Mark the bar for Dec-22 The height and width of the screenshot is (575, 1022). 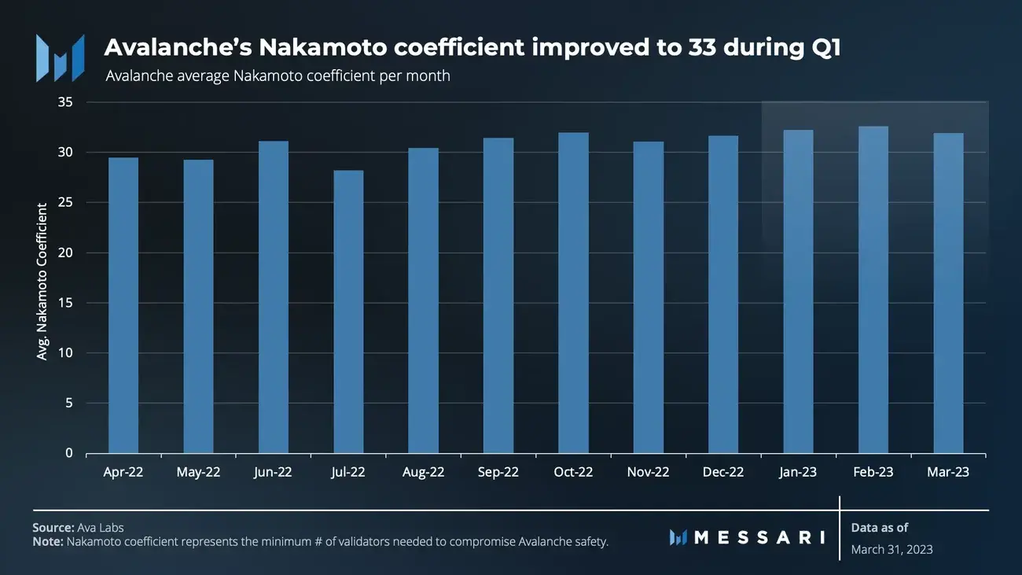point(723,294)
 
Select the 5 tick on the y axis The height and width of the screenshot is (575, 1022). point(68,403)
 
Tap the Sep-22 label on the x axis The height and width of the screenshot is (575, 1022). point(498,472)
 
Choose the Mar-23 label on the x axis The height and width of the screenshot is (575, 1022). point(948,472)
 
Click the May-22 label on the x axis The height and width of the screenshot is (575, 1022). point(198,472)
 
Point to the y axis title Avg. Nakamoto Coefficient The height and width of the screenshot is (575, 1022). point(42,282)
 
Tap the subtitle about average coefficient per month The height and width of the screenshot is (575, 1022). point(278,76)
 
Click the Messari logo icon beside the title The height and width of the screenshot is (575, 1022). point(60,57)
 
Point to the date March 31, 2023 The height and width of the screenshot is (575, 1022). point(891,549)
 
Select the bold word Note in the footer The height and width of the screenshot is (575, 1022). point(47,542)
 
